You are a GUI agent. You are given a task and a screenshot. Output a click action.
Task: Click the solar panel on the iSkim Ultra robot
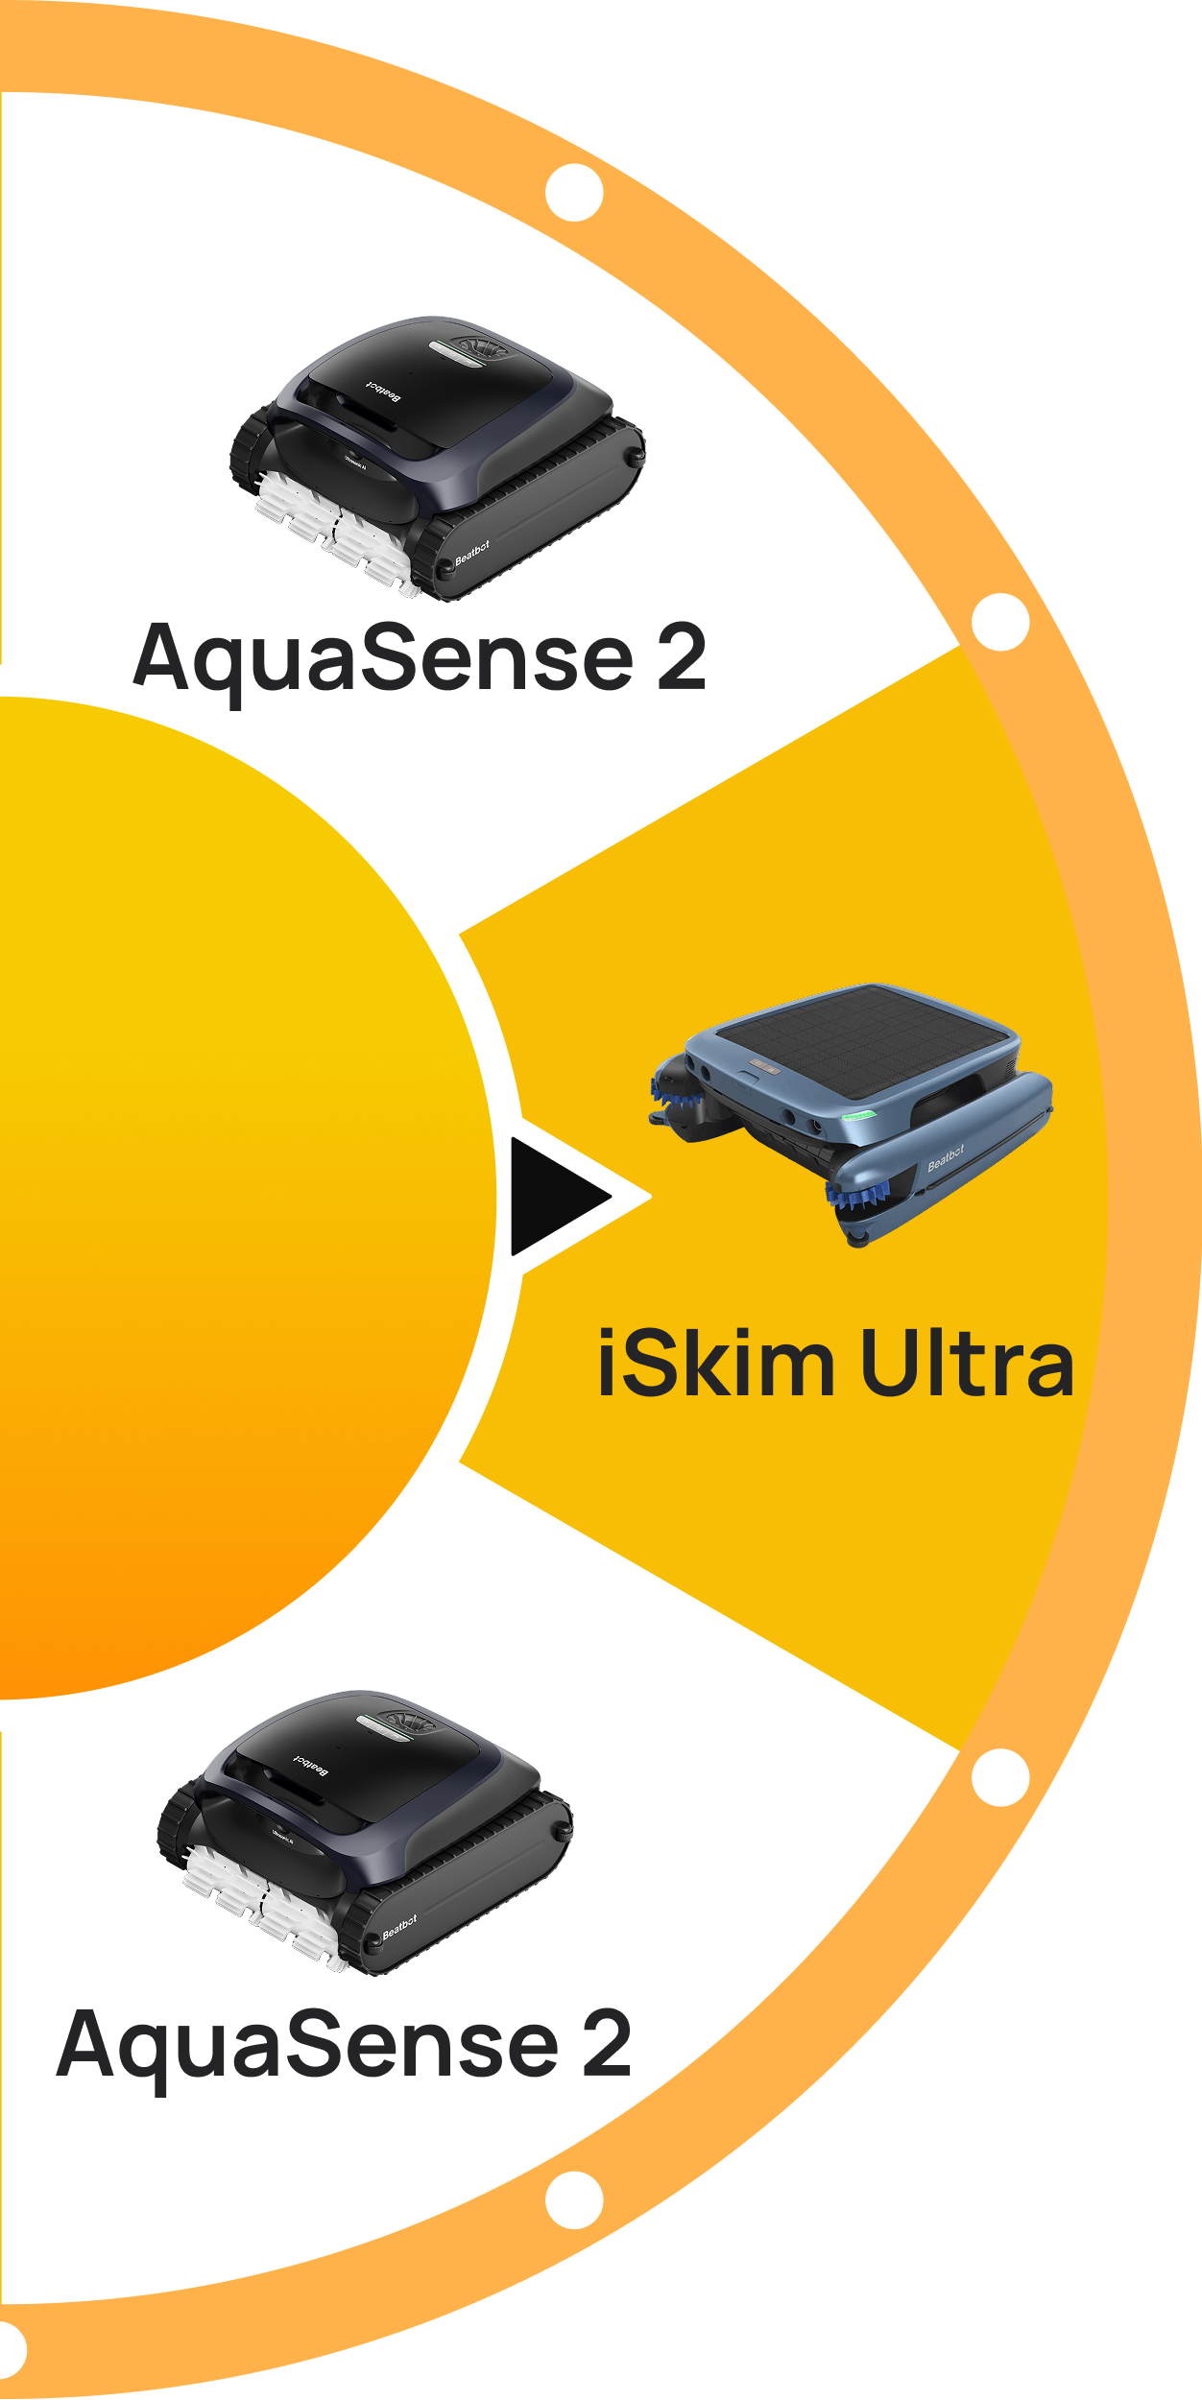(864, 1041)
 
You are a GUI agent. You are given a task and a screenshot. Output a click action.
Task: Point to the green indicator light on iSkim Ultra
(858, 1116)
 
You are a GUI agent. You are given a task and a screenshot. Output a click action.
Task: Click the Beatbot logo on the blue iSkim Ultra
(946, 1158)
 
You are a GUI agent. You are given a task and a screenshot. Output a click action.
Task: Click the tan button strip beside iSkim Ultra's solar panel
(764, 1066)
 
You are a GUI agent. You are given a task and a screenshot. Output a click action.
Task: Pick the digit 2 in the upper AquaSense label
(682, 658)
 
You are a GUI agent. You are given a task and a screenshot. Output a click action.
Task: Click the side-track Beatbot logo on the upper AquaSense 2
(471, 552)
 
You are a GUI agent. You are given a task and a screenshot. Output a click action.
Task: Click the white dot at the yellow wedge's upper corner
(1000, 622)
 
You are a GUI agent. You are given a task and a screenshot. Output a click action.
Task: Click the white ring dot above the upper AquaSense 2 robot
(574, 192)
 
